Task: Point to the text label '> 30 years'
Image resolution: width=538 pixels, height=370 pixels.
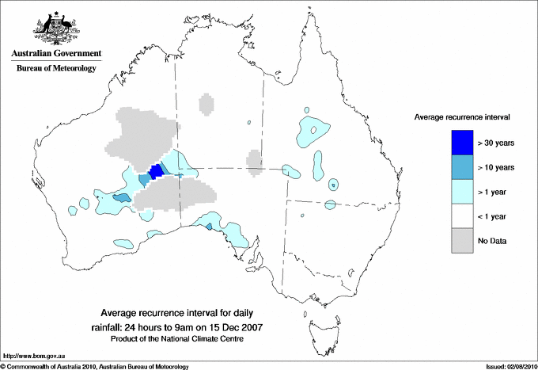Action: point(496,143)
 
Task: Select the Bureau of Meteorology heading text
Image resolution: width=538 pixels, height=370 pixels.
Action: point(55,69)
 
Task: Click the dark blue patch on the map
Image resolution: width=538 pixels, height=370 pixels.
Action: point(156,170)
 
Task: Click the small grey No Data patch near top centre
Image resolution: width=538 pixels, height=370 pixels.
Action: point(205,104)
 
